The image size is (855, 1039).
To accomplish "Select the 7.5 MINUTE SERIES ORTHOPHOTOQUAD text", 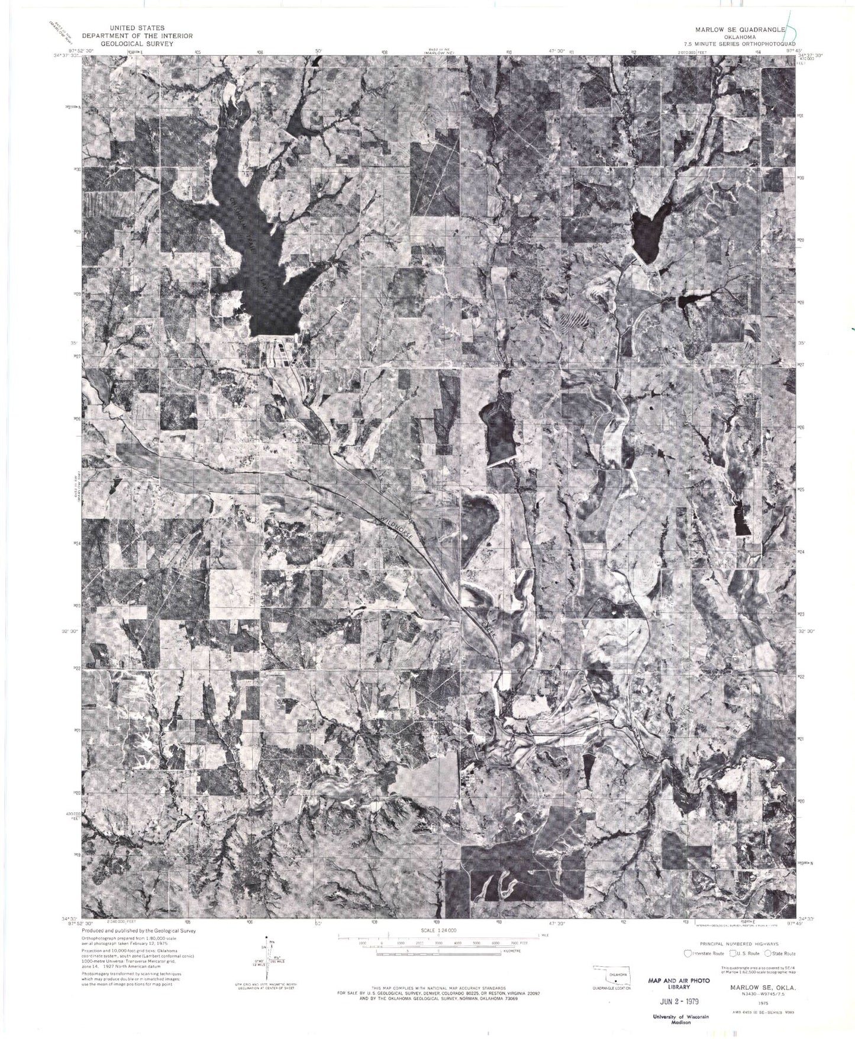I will [x=742, y=44].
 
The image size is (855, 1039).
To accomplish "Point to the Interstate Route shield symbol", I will [x=688, y=954].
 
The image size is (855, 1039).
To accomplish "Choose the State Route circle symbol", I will [x=768, y=954].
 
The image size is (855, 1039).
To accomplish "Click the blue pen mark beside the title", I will [x=791, y=25].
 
